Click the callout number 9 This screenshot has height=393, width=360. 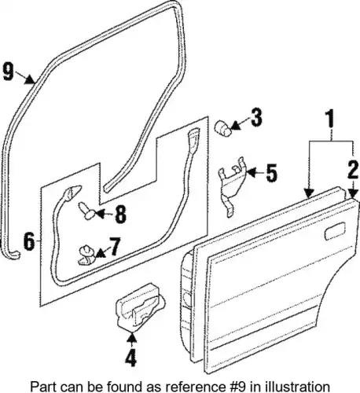click(9, 72)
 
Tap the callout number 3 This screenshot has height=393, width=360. click(256, 118)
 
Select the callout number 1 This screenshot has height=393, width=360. click(330, 119)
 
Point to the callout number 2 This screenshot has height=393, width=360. click(353, 170)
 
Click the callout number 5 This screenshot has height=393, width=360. click(271, 173)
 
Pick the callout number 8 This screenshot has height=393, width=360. click(120, 215)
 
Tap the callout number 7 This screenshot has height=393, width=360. click(115, 246)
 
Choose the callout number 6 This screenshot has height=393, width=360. click(29, 241)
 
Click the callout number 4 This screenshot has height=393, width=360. click(130, 358)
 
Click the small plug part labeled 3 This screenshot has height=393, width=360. click(223, 129)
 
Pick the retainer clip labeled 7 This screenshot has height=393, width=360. click(87, 255)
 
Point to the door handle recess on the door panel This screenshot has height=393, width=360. click(335, 230)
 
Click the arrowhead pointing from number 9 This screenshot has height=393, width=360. click(30, 79)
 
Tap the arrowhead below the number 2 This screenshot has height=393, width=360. click(353, 193)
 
